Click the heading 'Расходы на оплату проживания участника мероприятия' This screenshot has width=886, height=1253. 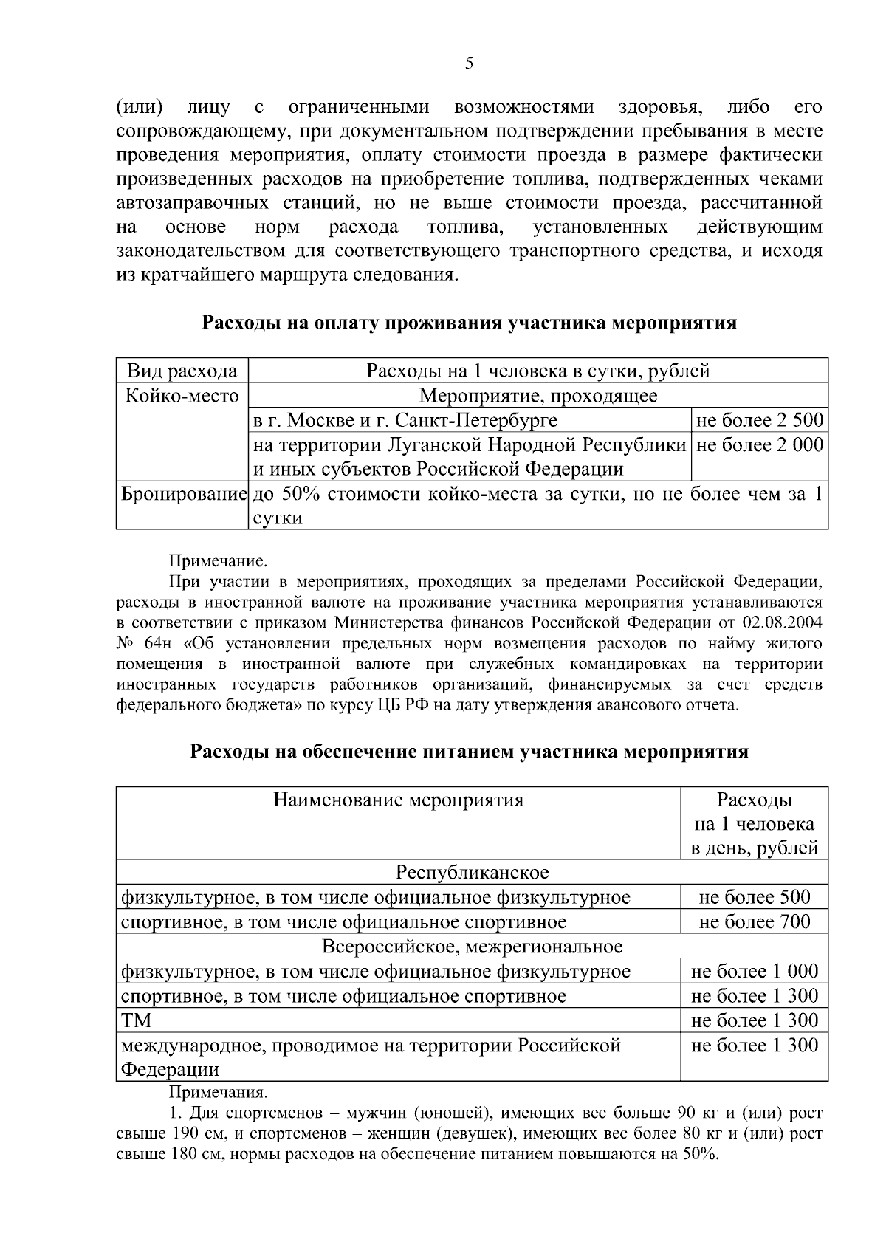click(x=470, y=323)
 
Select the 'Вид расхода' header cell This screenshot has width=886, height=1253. click(x=182, y=371)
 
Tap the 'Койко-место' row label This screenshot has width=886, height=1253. click(x=182, y=396)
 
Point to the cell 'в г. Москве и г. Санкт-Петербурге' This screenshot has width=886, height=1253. click(x=405, y=420)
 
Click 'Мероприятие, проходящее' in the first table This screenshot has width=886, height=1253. click(x=538, y=396)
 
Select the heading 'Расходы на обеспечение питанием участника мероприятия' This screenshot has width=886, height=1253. click(x=470, y=752)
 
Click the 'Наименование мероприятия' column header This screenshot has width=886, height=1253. click(x=398, y=800)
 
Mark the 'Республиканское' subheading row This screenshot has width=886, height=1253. click(x=472, y=873)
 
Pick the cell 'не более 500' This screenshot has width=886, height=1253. click(x=754, y=897)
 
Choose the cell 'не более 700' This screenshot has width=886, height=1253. click(x=754, y=921)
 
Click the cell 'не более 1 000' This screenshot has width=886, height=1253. click(x=754, y=971)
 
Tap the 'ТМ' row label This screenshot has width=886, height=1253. click(x=136, y=1020)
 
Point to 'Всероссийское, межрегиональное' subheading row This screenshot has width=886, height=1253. click(x=472, y=947)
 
